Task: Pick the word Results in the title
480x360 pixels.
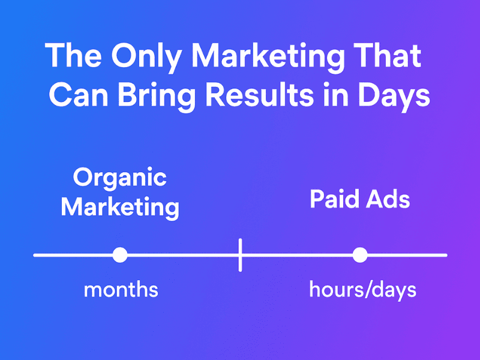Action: point(268,95)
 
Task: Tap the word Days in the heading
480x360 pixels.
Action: point(396,97)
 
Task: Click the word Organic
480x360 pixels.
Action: point(119,178)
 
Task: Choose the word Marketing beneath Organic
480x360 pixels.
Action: point(120,207)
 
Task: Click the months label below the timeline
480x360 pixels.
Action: point(121,290)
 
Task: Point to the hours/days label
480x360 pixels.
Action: point(362,290)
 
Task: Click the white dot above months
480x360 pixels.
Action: point(120,255)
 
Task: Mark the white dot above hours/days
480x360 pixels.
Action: point(359,255)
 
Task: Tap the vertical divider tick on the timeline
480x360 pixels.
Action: point(240,255)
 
